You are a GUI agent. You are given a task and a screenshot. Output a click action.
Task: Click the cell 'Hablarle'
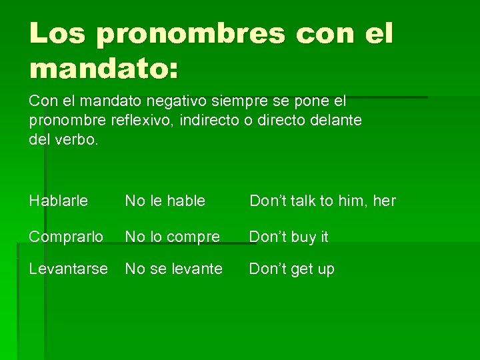tap(59, 201)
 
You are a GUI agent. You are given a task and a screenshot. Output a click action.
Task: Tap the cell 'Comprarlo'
tap(66, 237)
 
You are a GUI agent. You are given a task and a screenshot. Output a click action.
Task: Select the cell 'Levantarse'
tap(68, 269)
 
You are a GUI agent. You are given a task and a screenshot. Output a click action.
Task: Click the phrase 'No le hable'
tap(165, 201)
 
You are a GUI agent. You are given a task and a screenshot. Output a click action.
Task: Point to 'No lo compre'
tap(173, 237)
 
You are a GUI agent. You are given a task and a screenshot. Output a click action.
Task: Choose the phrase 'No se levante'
tap(174, 269)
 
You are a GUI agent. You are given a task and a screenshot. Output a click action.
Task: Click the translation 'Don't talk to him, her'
tap(322, 201)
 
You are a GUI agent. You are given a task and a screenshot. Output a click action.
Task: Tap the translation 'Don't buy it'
tap(289, 237)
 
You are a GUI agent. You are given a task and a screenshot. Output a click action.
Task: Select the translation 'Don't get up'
tap(292, 269)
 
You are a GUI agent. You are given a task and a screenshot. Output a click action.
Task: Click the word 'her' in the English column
tap(384, 201)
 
